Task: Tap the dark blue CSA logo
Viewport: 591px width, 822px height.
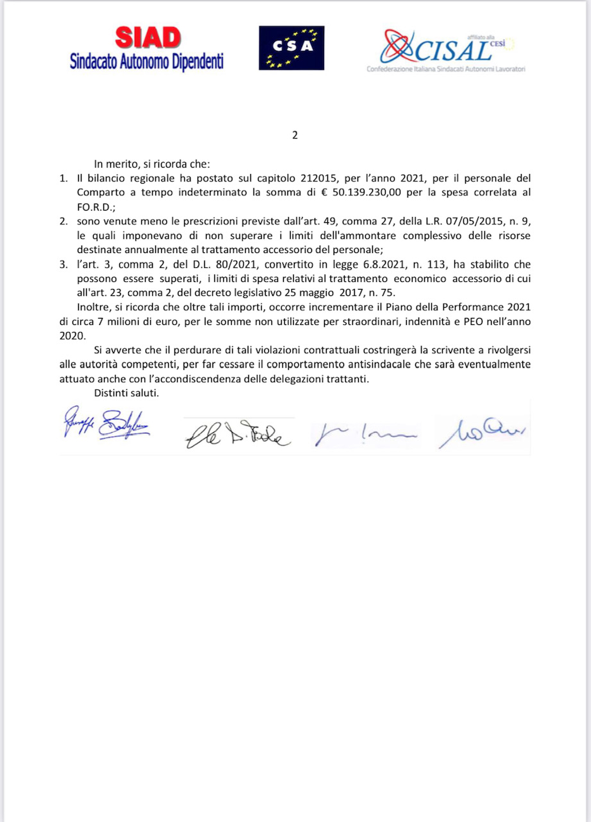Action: [x=291, y=48]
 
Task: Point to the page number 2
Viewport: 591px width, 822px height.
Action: [x=295, y=136]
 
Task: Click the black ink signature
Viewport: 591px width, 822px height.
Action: [x=238, y=434]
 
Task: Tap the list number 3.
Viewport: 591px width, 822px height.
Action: [x=64, y=264]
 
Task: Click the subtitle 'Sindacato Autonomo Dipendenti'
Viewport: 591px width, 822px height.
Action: [x=147, y=62]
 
